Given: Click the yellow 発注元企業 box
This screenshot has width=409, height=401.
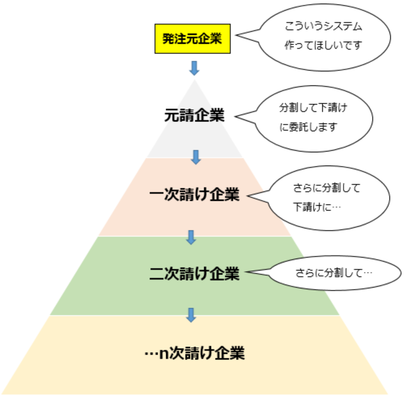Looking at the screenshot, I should pos(193,39).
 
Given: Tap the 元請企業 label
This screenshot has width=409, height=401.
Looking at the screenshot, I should pos(194,115).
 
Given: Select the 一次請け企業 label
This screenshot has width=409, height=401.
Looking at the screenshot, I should pos(194,195).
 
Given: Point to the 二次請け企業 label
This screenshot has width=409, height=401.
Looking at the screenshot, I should pos(194,274).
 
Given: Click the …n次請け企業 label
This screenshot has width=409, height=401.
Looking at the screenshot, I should pos(195,354).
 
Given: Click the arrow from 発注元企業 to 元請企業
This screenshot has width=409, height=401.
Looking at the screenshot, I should pos(194,68).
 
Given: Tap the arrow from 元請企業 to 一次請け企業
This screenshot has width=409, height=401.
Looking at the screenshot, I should pos(196,157).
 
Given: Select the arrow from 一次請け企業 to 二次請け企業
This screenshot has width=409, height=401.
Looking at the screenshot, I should pos(190,236).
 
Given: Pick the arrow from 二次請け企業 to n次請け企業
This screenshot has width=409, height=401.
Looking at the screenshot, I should pos(190,314).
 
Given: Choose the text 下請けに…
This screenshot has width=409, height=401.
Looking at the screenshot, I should pos(318,207).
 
